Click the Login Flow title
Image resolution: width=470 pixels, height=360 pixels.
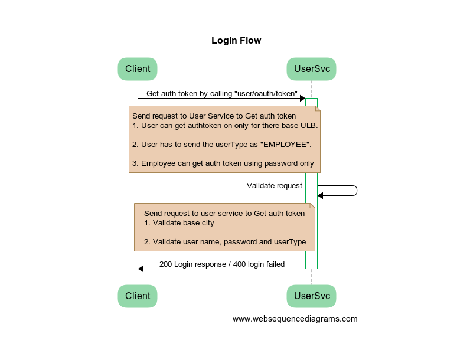(x=236, y=41)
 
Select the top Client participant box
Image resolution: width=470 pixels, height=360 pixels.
(x=138, y=69)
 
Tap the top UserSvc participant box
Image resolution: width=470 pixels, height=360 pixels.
(x=311, y=69)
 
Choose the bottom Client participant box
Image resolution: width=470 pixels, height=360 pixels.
(x=138, y=296)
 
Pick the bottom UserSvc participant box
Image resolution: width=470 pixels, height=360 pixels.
(x=311, y=296)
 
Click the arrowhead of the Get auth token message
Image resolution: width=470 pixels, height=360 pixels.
(x=303, y=98)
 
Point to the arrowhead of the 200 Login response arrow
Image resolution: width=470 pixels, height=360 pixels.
(x=141, y=269)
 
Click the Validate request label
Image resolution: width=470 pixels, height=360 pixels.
(x=275, y=186)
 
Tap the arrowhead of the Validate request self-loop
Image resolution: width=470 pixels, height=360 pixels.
(x=320, y=195)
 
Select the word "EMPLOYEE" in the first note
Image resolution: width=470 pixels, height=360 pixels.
(x=285, y=145)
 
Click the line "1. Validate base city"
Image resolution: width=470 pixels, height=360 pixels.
(x=179, y=223)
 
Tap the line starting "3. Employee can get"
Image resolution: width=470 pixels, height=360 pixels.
(x=223, y=163)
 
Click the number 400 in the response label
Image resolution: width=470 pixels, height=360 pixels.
(x=240, y=264)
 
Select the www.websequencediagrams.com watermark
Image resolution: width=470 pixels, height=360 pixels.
(x=295, y=319)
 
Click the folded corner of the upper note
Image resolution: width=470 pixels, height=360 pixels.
(x=318, y=109)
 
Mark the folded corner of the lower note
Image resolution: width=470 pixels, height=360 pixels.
(x=312, y=206)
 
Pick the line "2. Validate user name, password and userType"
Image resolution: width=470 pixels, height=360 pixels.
(x=225, y=242)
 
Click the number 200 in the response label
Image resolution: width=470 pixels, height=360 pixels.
(x=166, y=264)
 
